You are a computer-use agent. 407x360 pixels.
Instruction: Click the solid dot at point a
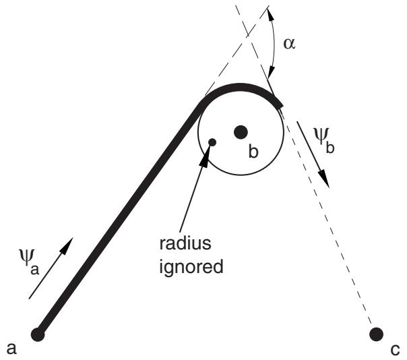[38, 334]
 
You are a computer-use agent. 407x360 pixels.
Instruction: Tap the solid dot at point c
[376, 334]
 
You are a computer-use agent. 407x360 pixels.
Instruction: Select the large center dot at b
[241, 132]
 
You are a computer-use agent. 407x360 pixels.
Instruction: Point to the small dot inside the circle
[212, 142]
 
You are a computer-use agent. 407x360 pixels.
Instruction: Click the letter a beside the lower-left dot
[11, 349]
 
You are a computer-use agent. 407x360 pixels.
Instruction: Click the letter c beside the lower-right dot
[395, 350]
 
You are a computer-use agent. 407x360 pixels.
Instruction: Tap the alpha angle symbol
[289, 43]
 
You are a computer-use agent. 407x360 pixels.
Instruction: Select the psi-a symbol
[29, 262]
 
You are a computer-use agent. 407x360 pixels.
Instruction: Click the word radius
[185, 243]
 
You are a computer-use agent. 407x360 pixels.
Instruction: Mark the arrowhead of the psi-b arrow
[325, 179]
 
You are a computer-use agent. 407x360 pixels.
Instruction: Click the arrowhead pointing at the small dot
[206, 156]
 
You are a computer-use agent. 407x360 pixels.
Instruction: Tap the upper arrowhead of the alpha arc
[270, 15]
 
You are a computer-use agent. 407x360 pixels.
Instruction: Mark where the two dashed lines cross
[248, 34]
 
